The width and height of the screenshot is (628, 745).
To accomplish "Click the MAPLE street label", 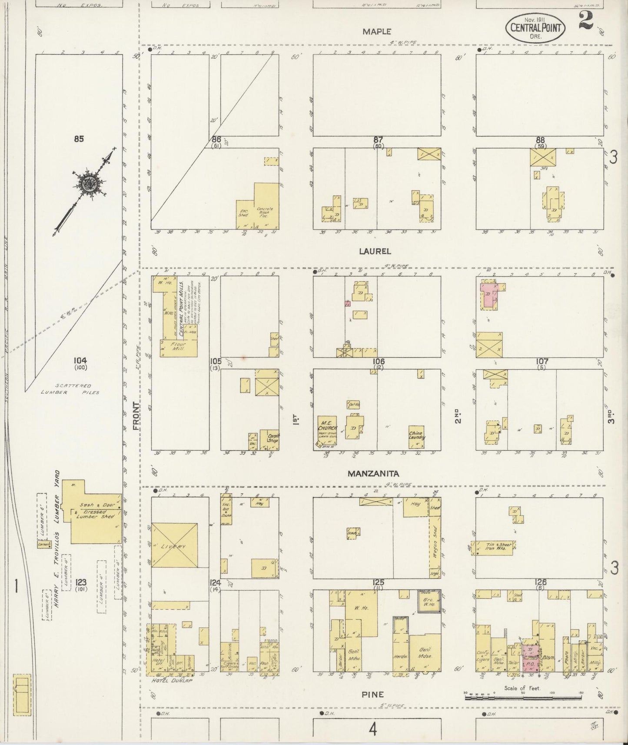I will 377,32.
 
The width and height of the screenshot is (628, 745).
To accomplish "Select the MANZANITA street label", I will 374,473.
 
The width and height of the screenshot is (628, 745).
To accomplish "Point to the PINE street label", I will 372,695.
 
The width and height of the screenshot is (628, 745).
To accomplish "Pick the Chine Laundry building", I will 416,436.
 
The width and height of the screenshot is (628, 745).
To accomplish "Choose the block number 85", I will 79,139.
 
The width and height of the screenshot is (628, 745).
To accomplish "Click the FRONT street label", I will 136,416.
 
